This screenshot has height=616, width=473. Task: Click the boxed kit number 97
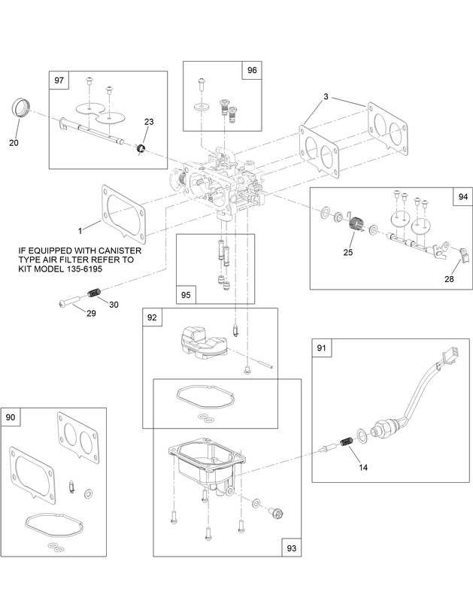point(59,80)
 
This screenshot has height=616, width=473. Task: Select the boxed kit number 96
point(250,70)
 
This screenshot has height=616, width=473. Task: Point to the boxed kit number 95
point(185,295)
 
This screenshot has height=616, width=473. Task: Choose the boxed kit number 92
point(152,317)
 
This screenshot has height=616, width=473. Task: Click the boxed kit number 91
point(321,347)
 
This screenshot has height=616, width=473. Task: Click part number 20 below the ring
point(14,142)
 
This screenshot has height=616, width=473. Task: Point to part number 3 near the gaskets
point(326,96)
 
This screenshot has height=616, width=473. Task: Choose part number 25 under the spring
point(347,252)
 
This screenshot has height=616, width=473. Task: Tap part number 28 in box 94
point(449,279)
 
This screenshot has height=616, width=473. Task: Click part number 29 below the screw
point(90,313)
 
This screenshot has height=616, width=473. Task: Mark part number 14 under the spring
point(363,466)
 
